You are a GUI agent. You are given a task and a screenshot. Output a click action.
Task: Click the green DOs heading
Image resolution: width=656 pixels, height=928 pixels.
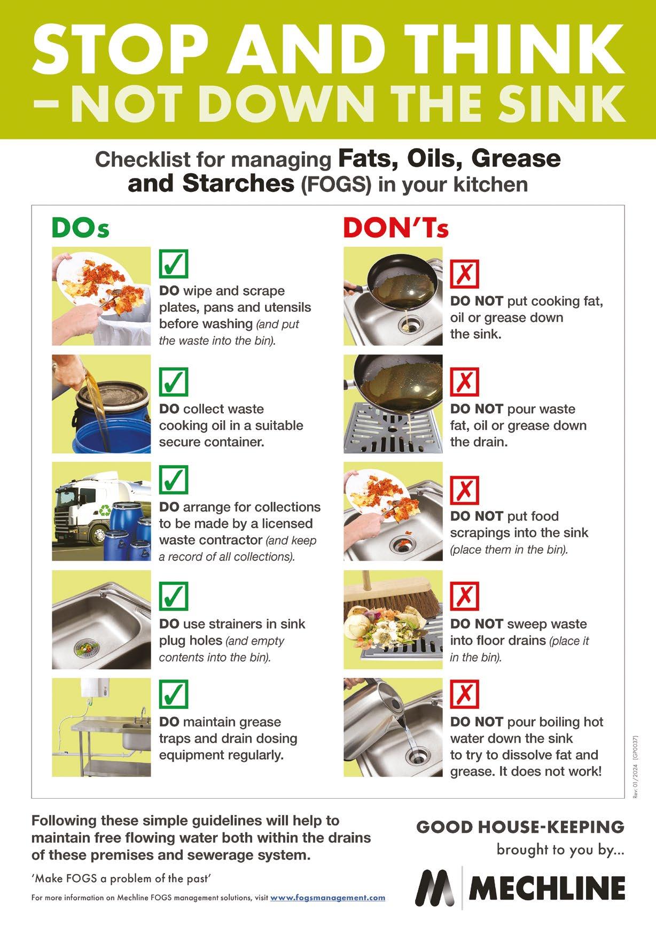(80, 228)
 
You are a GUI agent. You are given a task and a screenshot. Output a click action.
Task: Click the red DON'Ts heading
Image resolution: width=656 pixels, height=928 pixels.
(395, 228)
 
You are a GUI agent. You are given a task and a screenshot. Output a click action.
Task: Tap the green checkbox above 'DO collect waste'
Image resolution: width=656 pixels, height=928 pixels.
(174, 381)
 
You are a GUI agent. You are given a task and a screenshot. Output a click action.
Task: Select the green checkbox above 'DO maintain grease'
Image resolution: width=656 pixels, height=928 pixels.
(174, 694)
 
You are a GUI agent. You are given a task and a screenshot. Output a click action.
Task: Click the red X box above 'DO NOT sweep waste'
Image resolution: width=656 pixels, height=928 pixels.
(465, 596)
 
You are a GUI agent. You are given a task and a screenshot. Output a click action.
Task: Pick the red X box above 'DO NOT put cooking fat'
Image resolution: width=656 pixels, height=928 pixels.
(465, 274)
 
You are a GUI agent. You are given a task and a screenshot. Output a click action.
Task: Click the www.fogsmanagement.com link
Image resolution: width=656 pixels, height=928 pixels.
(327, 898)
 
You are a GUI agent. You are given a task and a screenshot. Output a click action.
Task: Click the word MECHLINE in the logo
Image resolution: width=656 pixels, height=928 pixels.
(546, 888)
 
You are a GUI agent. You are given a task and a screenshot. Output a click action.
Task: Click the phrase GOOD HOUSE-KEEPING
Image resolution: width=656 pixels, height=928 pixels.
(520, 827)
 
